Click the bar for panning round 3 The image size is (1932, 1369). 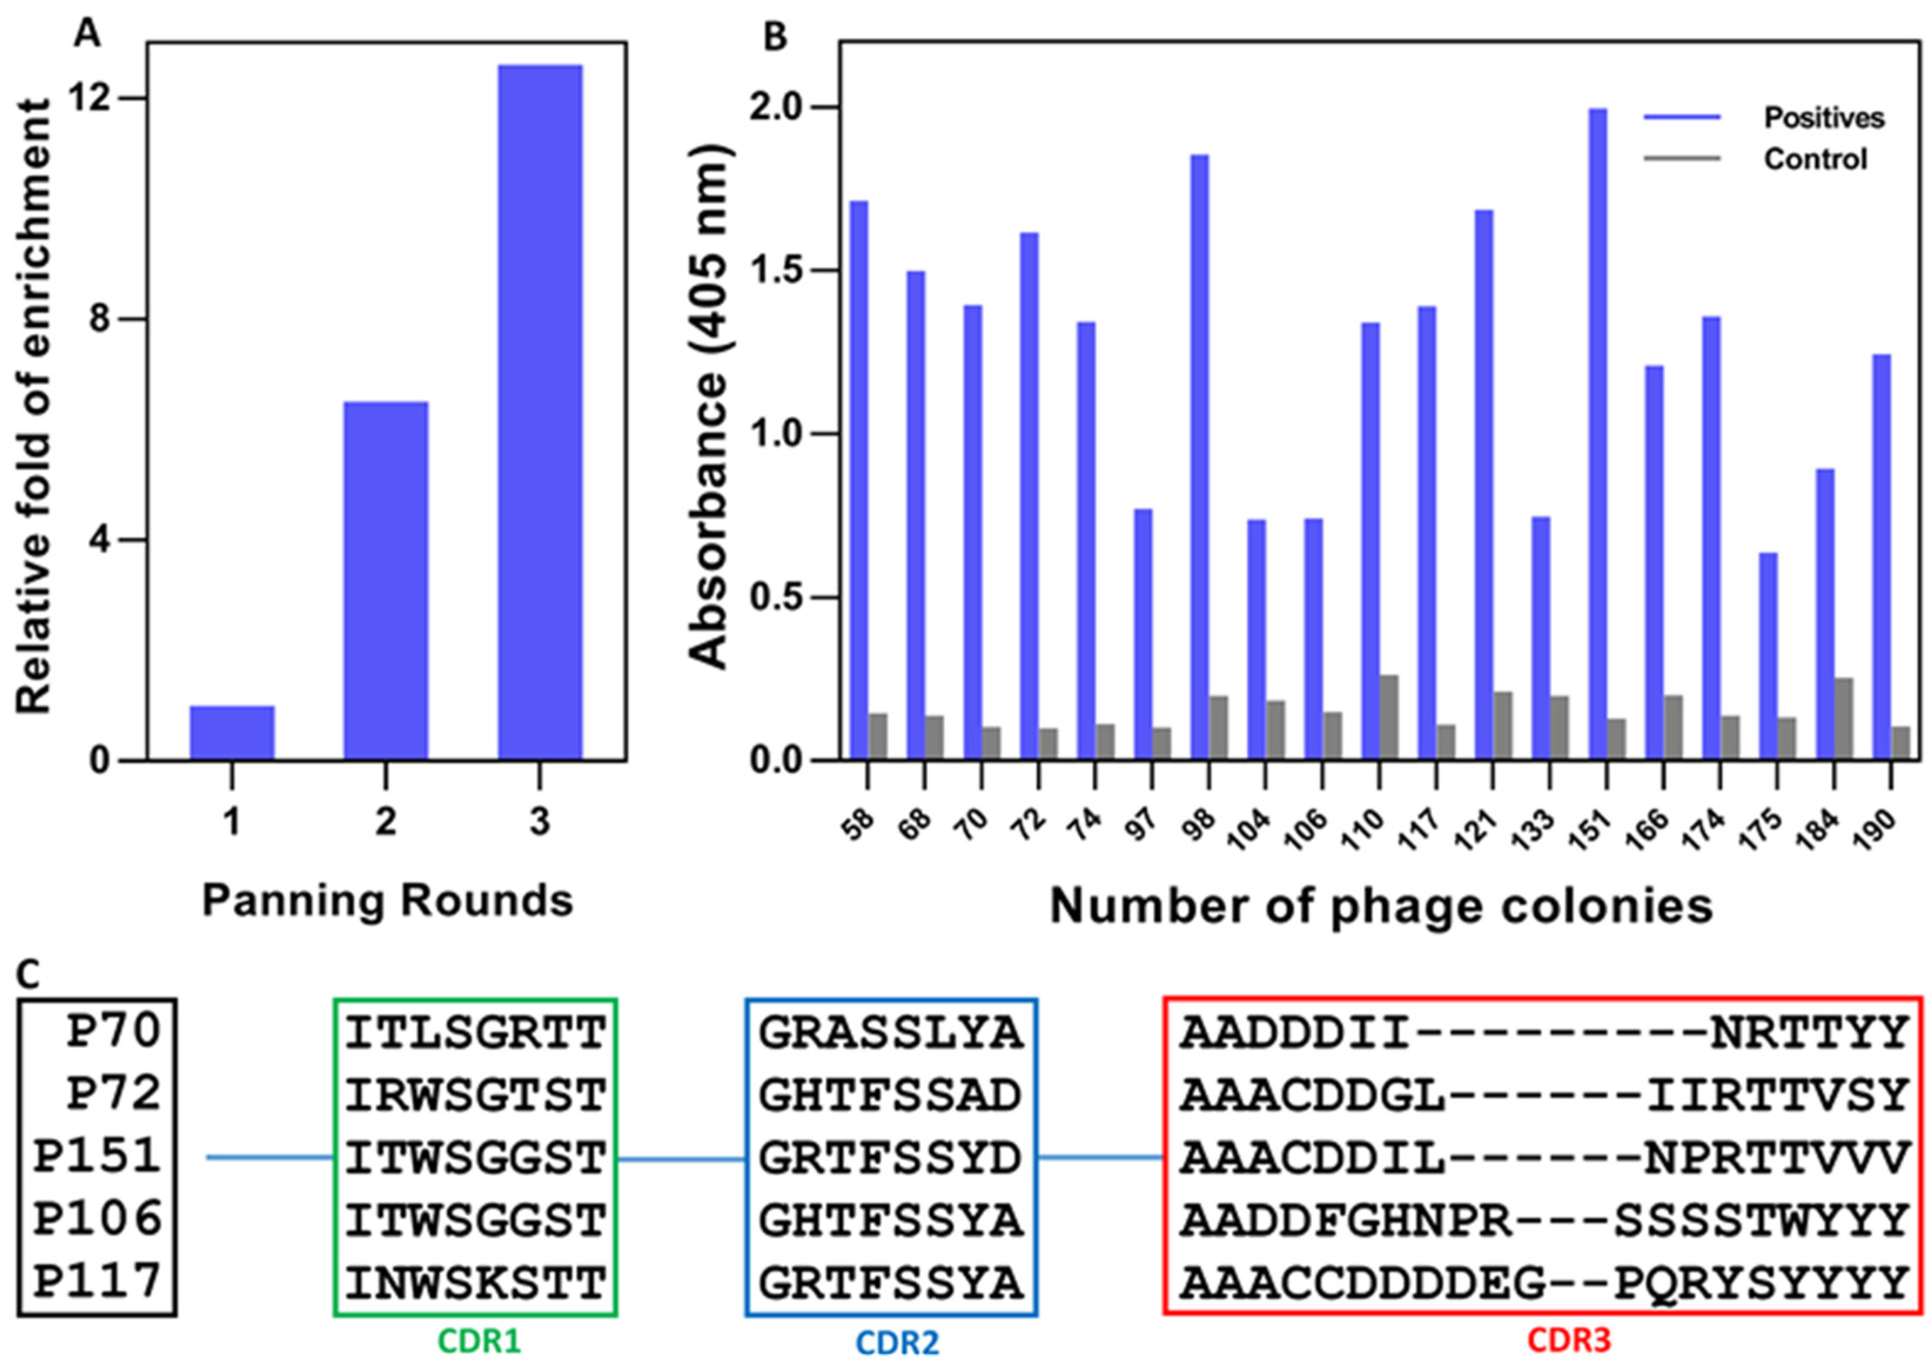coord(539,413)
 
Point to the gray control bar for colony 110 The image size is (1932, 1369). coord(1388,717)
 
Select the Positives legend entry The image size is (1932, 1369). coord(1823,117)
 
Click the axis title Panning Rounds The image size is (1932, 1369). coord(388,901)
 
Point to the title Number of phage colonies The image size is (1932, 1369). coord(1381,906)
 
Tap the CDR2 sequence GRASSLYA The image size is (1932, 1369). coord(891,1032)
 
